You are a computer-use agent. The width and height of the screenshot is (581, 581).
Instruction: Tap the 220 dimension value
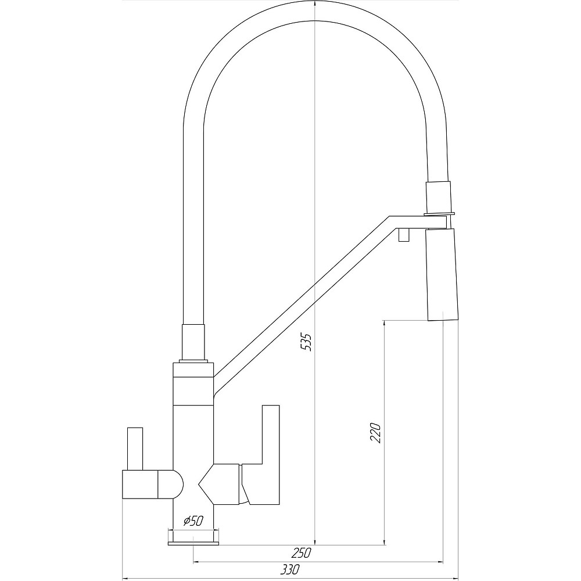point(375,432)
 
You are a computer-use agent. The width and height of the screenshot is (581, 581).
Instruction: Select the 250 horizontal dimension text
point(301,553)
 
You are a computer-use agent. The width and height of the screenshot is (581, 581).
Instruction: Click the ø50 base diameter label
point(193,521)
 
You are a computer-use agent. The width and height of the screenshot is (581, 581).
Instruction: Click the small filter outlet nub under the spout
point(403,235)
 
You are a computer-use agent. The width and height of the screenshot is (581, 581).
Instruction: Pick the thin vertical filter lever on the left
point(135,449)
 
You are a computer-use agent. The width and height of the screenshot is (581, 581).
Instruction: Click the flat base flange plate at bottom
point(193,544)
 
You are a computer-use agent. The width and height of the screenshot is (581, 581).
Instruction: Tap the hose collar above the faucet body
point(193,342)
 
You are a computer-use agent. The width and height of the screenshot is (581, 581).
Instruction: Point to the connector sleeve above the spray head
point(439,196)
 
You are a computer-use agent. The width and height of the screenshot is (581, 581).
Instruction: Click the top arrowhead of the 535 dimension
point(314,5)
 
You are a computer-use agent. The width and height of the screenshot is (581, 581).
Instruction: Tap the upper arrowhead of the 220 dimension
point(385,323)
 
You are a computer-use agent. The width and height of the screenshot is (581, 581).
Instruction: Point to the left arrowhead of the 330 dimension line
point(126,578)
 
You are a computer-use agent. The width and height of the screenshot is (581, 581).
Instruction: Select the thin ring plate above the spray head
point(439,214)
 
